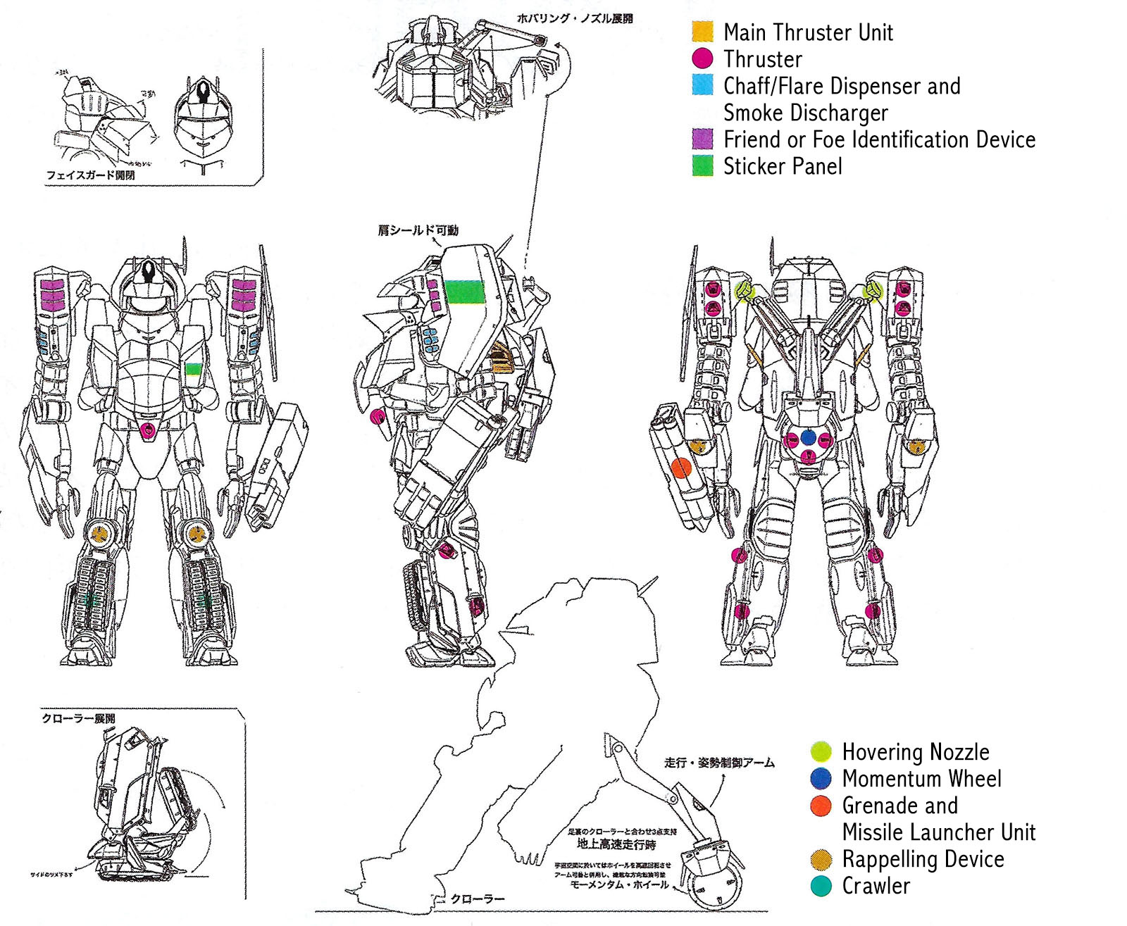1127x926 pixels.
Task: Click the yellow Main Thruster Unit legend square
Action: (702, 32)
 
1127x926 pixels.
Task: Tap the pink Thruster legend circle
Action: (702, 58)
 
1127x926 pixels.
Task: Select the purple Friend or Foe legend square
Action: (702, 139)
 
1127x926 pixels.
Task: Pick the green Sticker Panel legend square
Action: (702, 165)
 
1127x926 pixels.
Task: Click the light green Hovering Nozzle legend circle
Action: (821, 751)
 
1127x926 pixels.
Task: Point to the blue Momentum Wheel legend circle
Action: (821, 778)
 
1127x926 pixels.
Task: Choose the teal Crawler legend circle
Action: (821, 885)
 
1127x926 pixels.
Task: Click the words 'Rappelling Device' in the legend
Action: (923, 859)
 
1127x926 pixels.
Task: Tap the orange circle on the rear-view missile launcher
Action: (680, 468)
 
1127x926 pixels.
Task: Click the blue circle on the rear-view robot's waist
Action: (808, 438)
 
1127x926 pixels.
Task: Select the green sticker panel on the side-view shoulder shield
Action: (465, 292)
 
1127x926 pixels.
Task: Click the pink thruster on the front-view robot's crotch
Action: (148, 430)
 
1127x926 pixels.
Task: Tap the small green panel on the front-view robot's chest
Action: (193, 369)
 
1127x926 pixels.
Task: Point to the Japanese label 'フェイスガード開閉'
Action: (90, 175)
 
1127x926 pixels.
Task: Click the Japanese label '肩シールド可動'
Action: (418, 230)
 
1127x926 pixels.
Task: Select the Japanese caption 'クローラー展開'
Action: (78, 718)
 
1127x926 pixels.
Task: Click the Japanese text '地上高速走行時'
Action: (616, 844)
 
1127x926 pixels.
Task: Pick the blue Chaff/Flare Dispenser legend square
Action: (702, 85)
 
